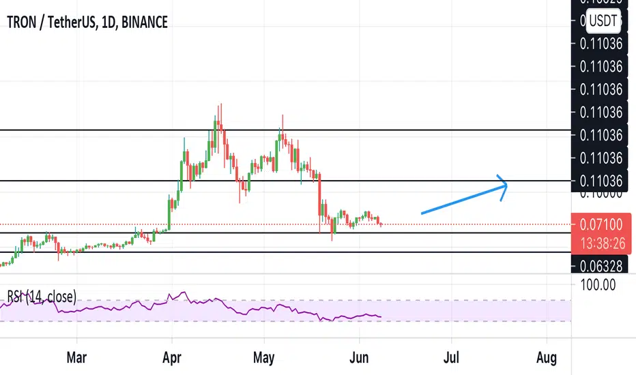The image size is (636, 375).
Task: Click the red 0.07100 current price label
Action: point(600,222)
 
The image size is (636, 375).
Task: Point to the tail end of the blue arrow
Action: point(422,213)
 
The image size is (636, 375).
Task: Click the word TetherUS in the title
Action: point(73,22)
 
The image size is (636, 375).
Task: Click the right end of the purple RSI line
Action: point(380,316)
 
